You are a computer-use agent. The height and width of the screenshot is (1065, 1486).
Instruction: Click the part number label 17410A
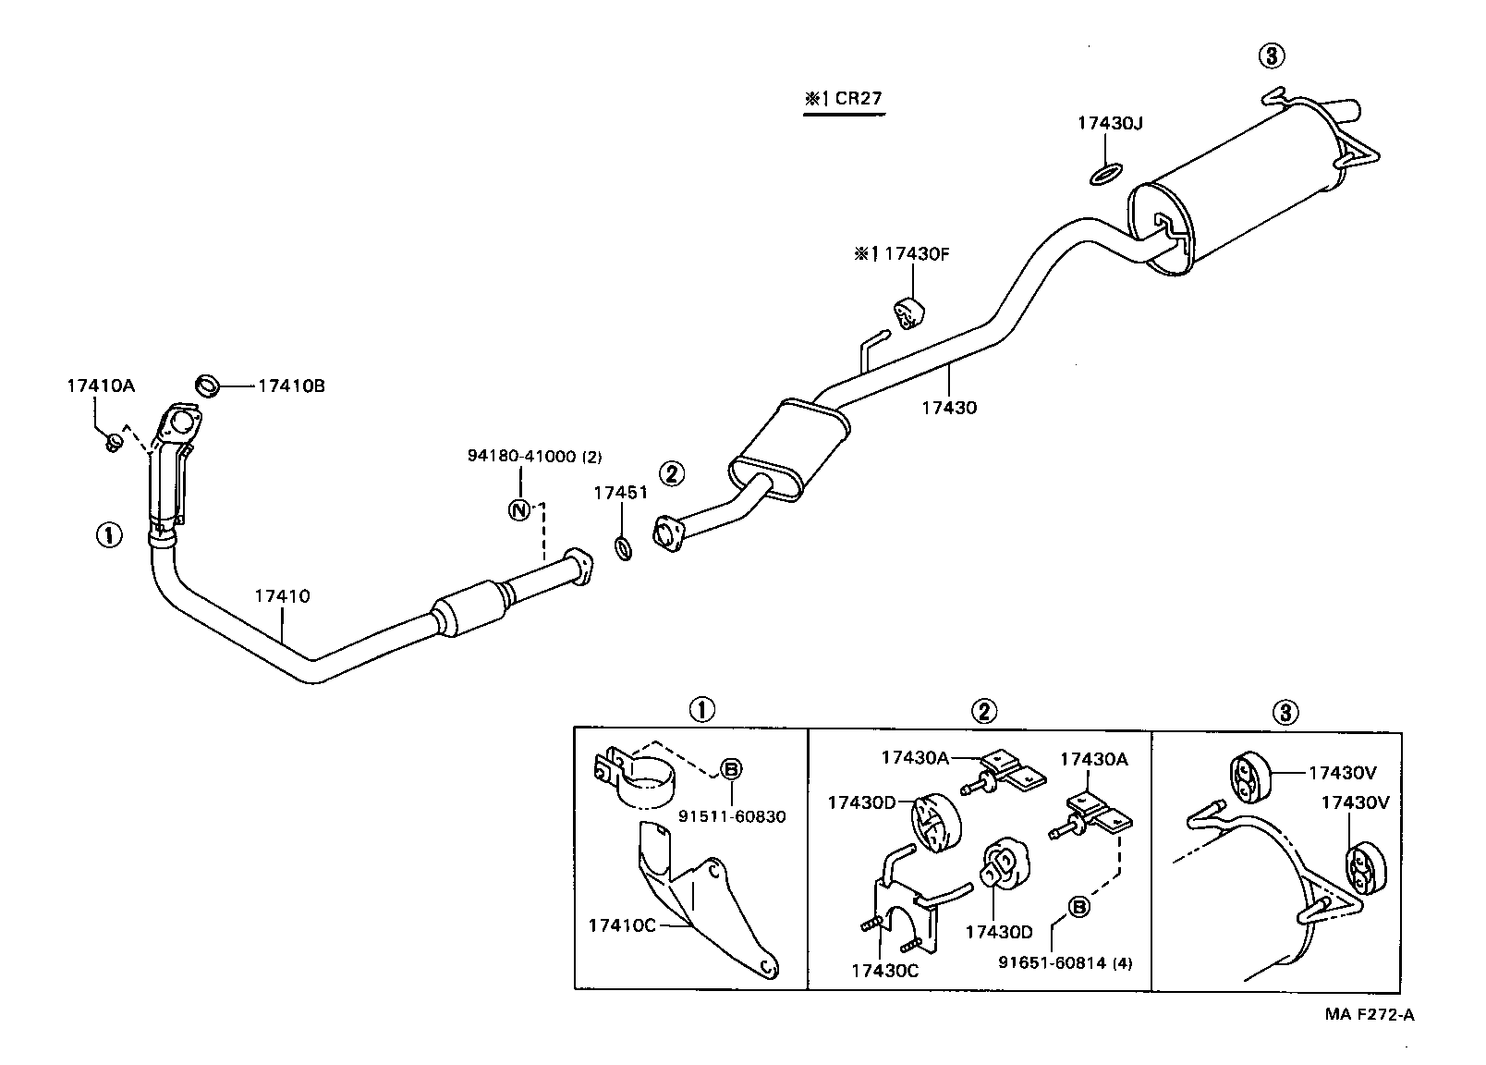coord(100,386)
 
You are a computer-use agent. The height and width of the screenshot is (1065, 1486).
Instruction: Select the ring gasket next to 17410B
coord(209,385)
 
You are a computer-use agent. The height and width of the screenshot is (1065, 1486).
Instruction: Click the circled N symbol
coord(519,508)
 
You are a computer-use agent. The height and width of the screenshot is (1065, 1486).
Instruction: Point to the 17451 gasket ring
coord(624,549)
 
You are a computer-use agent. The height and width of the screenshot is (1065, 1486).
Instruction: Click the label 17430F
coord(915,253)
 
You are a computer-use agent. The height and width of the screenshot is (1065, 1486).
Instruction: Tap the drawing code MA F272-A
coord(1369,1015)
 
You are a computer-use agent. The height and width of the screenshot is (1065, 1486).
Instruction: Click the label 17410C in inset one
coord(621,925)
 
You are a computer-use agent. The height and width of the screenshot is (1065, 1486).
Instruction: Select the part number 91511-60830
coord(732,816)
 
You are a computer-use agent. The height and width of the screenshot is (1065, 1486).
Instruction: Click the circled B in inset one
coord(731,767)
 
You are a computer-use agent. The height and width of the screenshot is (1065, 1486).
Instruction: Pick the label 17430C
coord(884,970)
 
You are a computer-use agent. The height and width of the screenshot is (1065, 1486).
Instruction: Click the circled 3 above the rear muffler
coord(1271,56)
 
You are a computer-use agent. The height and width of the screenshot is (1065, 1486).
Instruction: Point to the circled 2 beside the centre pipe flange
coord(672,473)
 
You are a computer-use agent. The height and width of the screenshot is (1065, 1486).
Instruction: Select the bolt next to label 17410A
coord(114,445)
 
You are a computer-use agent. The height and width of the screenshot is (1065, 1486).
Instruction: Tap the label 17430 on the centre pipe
coord(948,407)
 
